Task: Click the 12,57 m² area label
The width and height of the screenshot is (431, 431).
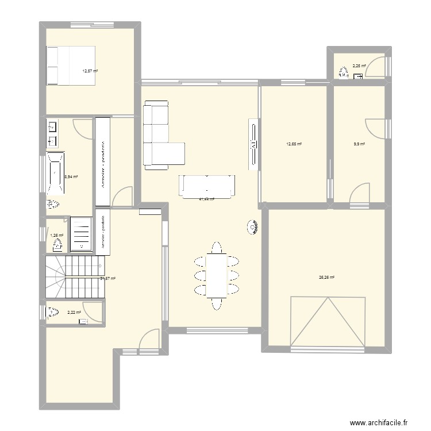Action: (x=90, y=71)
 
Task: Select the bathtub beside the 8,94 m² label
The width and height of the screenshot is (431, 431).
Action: (x=56, y=172)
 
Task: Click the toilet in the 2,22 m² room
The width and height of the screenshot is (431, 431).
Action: (x=53, y=312)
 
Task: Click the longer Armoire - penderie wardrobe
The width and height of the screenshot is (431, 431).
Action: (x=103, y=161)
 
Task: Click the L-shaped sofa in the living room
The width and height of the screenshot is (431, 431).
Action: (x=161, y=137)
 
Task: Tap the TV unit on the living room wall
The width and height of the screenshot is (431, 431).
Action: (x=252, y=144)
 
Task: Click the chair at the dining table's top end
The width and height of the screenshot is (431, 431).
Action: (x=216, y=248)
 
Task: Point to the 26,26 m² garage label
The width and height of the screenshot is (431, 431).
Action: (x=326, y=277)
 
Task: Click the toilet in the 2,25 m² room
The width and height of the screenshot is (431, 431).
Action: (x=343, y=72)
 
